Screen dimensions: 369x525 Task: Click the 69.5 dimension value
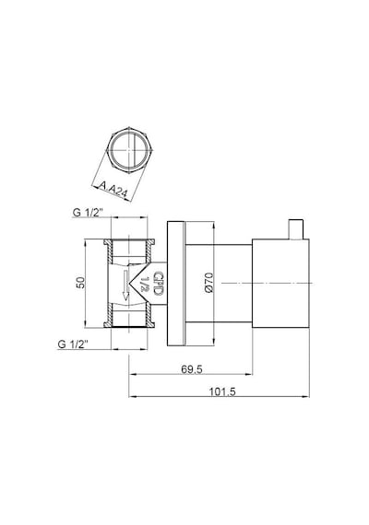point(192,369)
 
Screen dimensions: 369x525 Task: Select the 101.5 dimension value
point(222,391)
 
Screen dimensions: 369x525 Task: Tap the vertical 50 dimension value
point(81,282)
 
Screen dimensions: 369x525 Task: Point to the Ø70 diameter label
point(208,283)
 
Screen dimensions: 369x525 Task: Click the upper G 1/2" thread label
point(88,212)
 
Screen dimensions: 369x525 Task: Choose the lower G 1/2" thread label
point(73,344)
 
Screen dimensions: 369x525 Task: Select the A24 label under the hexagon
point(117,191)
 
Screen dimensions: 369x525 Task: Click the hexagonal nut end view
point(129,149)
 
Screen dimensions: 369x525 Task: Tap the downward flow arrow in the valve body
point(125,285)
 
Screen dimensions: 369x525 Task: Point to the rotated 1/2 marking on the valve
point(145,284)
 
